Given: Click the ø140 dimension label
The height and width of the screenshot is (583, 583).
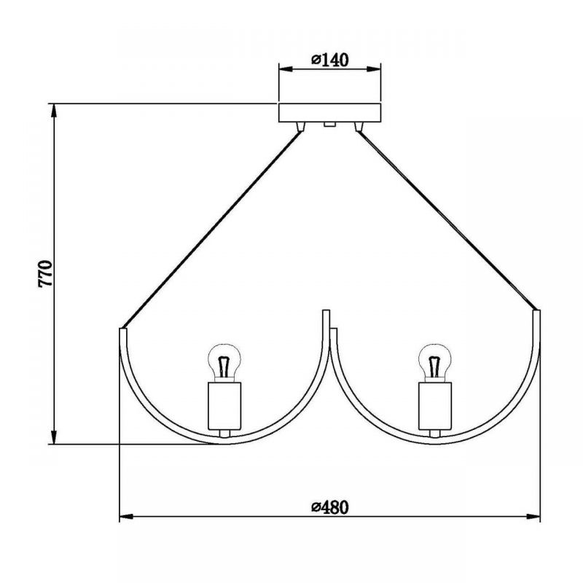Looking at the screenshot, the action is [x=330, y=60].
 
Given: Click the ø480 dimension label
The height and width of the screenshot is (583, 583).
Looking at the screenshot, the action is [x=330, y=507].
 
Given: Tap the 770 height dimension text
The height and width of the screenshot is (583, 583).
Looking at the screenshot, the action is [x=45, y=274].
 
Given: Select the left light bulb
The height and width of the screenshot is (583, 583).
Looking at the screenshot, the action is [x=224, y=362].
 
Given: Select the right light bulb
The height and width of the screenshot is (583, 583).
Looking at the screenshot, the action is [x=434, y=362].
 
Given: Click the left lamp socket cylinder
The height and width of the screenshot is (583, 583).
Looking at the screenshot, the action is [x=224, y=406].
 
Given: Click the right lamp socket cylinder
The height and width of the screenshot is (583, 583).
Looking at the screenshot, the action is [x=435, y=406].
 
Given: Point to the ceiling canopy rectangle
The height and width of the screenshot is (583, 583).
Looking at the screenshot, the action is [x=330, y=113].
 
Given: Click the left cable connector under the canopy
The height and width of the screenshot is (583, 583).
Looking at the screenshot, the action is [x=300, y=127].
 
